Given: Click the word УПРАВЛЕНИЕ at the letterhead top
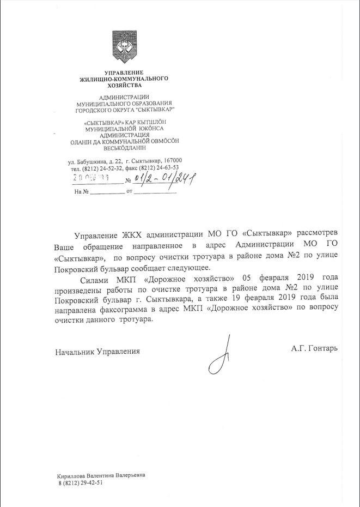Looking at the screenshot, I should point(124,73).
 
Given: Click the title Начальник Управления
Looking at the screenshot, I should point(97,352).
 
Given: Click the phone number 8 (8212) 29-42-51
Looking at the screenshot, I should point(80,483).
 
